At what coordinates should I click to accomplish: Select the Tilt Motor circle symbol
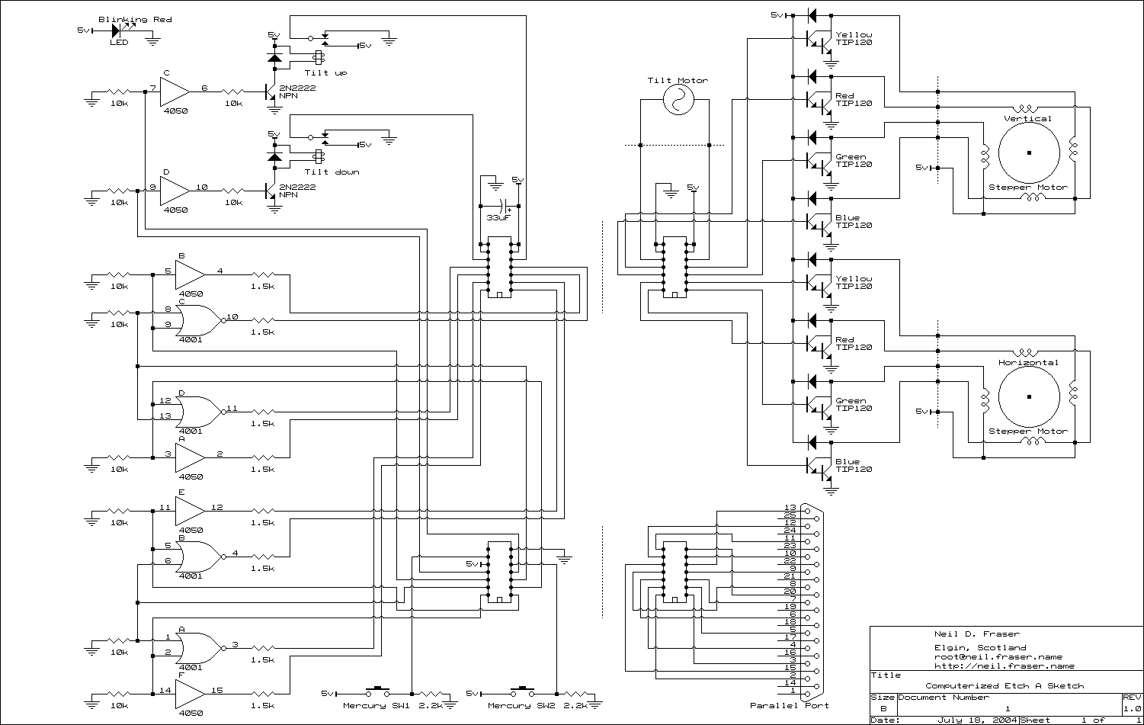(x=675, y=99)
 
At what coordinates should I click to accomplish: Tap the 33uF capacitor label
(x=498, y=218)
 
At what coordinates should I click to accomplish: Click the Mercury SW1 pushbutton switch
(x=375, y=691)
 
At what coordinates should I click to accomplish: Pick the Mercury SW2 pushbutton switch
(x=521, y=691)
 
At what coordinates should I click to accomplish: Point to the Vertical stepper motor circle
(x=1029, y=152)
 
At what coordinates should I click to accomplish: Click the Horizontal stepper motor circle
(x=1029, y=396)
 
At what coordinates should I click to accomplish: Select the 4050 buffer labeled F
(x=190, y=691)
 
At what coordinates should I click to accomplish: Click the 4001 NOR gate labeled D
(x=196, y=412)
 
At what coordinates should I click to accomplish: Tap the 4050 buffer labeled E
(x=190, y=508)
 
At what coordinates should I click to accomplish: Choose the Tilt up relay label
(x=326, y=72)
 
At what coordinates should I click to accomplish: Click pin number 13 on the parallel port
(x=790, y=508)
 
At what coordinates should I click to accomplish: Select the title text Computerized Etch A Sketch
(x=1005, y=685)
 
